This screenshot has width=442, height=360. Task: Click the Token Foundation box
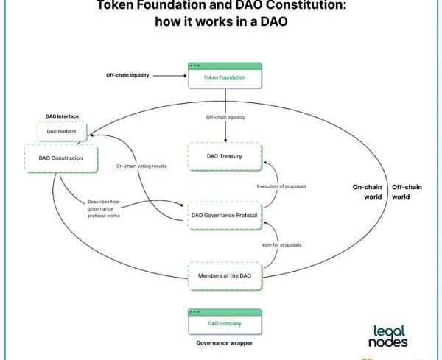[225, 77]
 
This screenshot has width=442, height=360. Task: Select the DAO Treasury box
[225, 157]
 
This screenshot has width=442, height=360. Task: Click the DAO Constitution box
[60, 158]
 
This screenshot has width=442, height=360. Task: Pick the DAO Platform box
[62, 131]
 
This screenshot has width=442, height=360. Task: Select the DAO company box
[225, 323]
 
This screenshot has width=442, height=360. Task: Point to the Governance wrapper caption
[224, 343]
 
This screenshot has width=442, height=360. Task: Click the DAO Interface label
[62, 116]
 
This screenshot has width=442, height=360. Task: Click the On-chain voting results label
[141, 166]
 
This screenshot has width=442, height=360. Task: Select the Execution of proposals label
[281, 186]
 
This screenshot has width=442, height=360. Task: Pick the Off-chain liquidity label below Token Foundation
[225, 116]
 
